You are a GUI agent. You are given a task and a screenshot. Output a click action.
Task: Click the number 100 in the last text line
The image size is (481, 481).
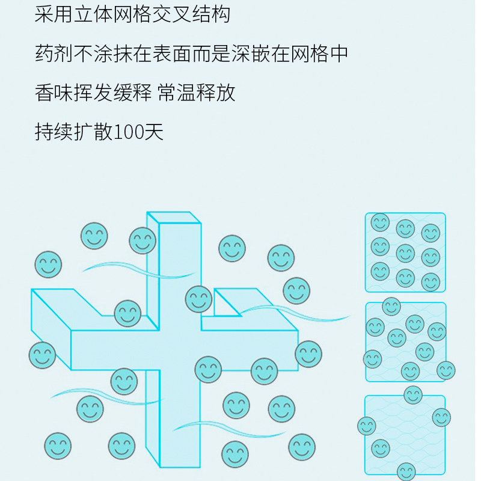[x=127, y=132]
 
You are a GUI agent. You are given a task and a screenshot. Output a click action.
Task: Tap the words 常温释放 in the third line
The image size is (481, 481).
[x=197, y=93]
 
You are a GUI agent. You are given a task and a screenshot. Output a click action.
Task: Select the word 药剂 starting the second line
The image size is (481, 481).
[x=54, y=54]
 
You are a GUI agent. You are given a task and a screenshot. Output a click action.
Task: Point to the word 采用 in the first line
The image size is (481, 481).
[x=54, y=14]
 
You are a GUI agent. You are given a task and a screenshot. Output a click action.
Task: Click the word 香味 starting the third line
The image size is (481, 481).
[x=54, y=93]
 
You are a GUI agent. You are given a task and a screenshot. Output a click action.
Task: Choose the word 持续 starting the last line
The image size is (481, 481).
[x=54, y=132]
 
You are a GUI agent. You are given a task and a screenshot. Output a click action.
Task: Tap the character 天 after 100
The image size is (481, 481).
[x=155, y=132]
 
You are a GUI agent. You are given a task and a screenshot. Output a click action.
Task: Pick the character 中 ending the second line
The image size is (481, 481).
[x=339, y=54]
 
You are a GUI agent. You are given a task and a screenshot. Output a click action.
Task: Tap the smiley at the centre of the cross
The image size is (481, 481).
[x=198, y=299]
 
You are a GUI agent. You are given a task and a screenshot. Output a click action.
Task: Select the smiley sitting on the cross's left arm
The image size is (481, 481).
[x=127, y=313]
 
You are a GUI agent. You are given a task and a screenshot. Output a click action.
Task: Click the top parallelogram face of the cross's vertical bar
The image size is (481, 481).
[x=174, y=218]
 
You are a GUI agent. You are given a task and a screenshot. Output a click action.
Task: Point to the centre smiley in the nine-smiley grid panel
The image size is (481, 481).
[x=405, y=253]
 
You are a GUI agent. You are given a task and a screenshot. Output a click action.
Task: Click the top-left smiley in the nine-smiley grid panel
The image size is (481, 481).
[x=380, y=222]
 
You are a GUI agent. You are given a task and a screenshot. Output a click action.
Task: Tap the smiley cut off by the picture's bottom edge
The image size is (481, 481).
[x=406, y=472]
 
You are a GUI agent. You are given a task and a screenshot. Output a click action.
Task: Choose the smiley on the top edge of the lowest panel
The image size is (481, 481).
[x=413, y=395]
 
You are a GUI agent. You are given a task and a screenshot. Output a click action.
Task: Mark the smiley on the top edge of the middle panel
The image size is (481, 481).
[x=391, y=306]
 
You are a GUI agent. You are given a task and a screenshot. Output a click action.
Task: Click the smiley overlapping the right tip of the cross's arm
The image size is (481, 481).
[x=308, y=354]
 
